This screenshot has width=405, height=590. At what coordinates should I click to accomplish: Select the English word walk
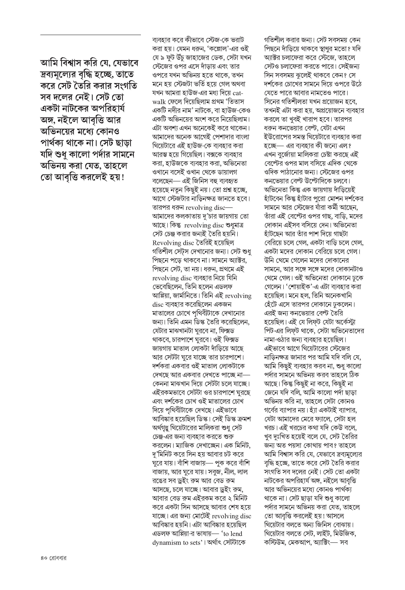159,102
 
